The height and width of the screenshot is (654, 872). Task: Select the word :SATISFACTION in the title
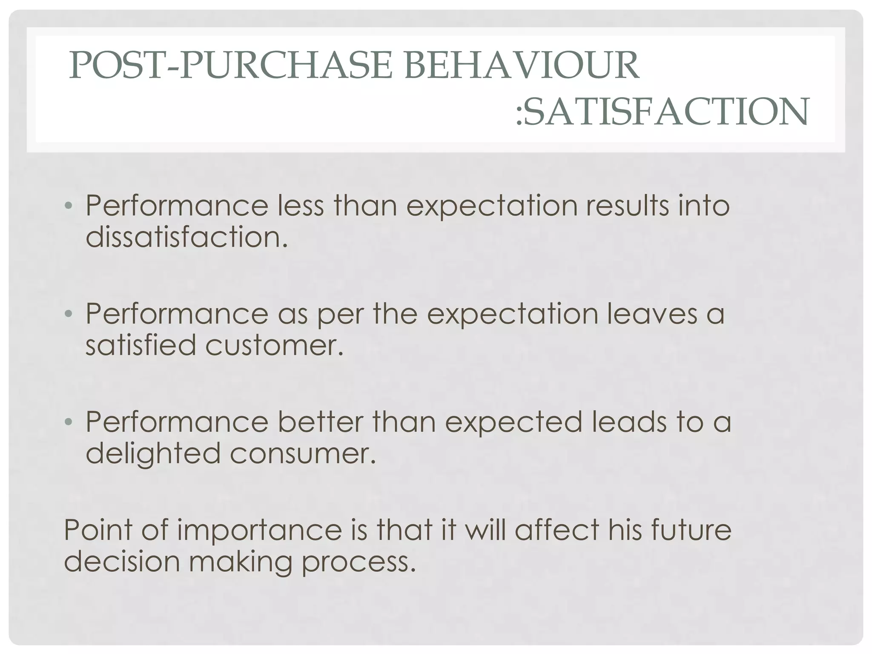click(662, 112)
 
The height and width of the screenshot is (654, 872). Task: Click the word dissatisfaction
click(186, 237)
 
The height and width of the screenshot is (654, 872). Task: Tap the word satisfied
click(141, 345)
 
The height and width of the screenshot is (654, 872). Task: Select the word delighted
click(153, 453)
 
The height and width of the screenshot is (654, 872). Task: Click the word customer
click(274, 345)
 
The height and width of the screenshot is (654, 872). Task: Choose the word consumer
click(303, 453)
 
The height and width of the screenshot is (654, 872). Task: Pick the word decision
click(122, 562)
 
